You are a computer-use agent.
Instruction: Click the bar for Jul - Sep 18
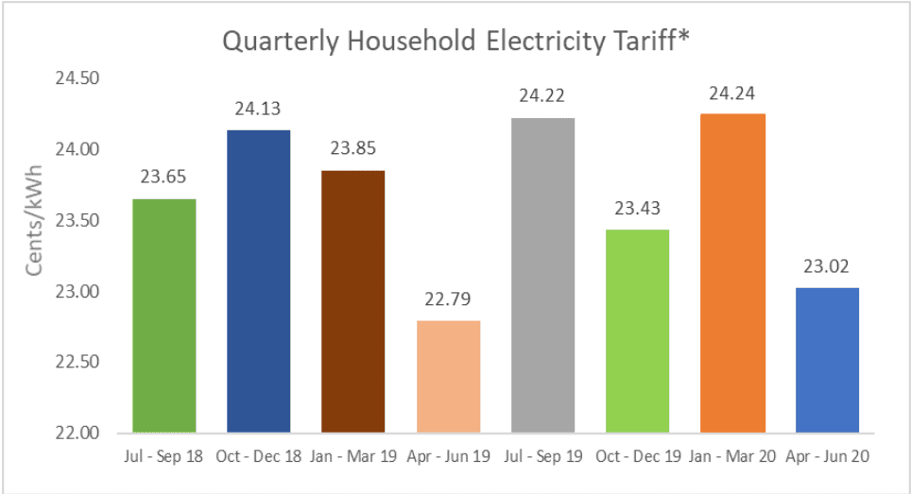164,315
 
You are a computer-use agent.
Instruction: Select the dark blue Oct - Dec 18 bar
259,281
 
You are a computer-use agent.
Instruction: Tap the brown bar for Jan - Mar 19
353,301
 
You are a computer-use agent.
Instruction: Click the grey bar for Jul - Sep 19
542,275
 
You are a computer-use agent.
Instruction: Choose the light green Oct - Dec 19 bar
637,331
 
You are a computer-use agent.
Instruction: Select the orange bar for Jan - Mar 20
732,273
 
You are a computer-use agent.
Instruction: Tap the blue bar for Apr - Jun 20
827,360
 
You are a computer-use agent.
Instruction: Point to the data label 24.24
732,93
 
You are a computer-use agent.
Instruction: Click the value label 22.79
448,299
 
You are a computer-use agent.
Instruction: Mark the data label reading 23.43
637,209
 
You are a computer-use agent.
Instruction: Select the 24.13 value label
259,109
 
